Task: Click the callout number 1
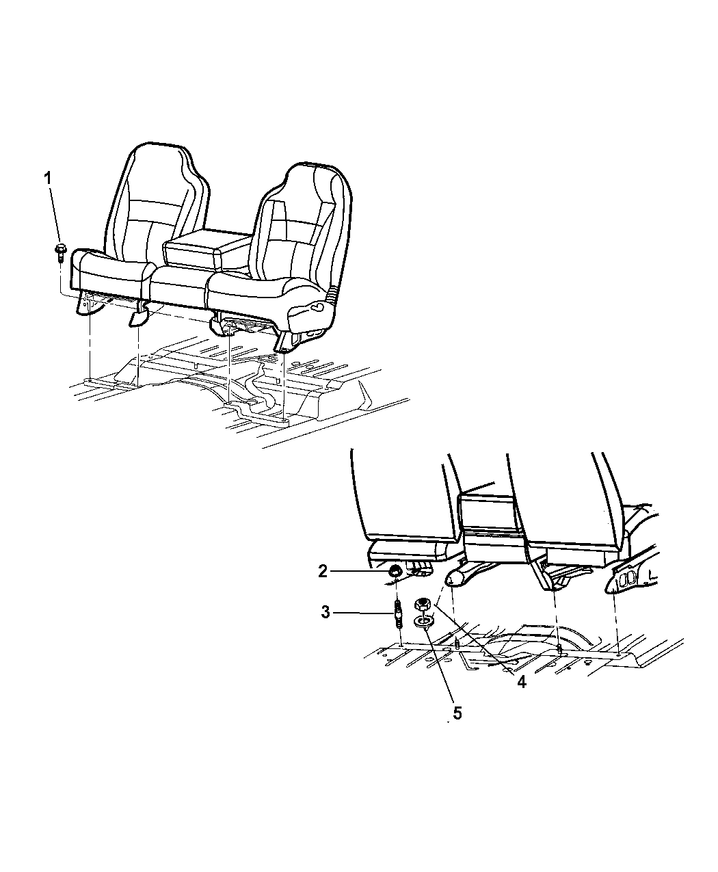pos(48,179)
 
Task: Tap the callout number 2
pos(323,571)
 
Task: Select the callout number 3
pos(325,612)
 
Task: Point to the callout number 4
pos(521,682)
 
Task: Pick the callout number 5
pos(457,714)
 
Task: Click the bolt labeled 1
pos(60,252)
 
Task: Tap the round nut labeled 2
pos(395,571)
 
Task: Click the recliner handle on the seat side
pos(311,308)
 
